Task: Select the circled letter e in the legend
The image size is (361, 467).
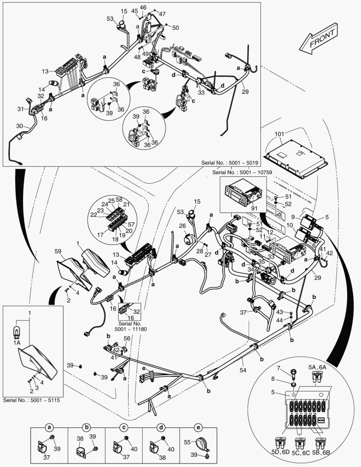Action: tap(198, 427)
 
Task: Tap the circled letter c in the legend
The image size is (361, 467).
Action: tap(124, 427)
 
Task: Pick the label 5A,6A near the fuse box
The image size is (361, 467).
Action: tap(318, 367)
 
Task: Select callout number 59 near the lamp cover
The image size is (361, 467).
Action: tap(58, 251)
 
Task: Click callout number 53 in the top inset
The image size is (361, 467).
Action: tap(110, 19)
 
